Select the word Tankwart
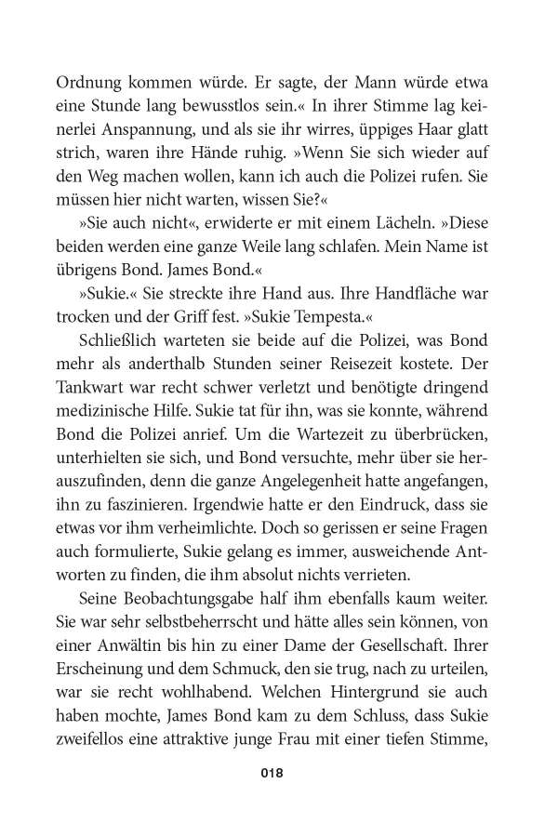click(100, 383)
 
